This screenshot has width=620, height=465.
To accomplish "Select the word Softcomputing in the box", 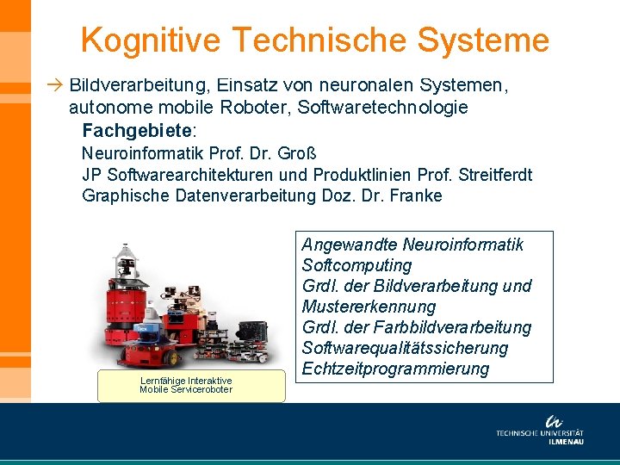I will pyautogui.click(x=356, y=265).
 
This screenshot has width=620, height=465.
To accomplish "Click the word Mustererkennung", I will pyautogui.click(x=369, y=307).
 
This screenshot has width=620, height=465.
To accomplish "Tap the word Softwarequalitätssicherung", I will pyautogui.click(x=405, y=348).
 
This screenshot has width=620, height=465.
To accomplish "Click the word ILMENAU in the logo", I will pyautogui.click(x=566, y=442).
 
